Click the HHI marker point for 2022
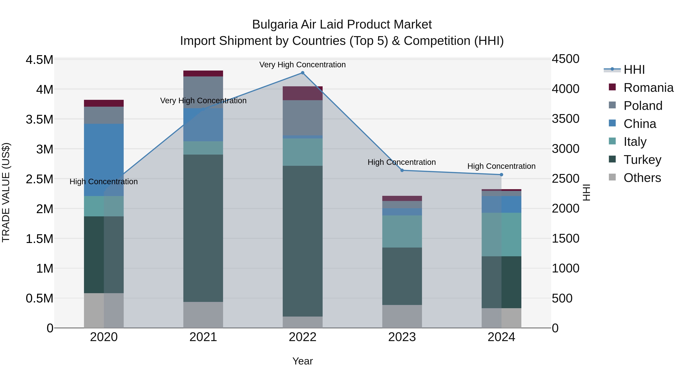(x=302, y=73)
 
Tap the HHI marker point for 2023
(x=402, y=170)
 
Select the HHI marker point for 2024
(x=501, y=175)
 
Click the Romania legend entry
(x=648, y=88)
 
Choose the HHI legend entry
(x=634, y=70)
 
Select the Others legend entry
(x=642, y=178)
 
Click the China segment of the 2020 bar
(x=104, y=160)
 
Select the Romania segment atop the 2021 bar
(x=203, y=74)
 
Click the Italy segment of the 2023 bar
(x=402, y=231)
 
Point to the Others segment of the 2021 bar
(x=203, y=315)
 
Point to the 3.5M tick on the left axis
(x=39, y=119)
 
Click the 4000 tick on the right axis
(x=565, y=89)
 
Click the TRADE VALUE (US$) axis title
(x=6, y=192)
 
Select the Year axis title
(x=302, y=361)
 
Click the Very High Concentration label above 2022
(x=302, y=65)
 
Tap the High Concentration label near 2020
(x=104, y=182)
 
